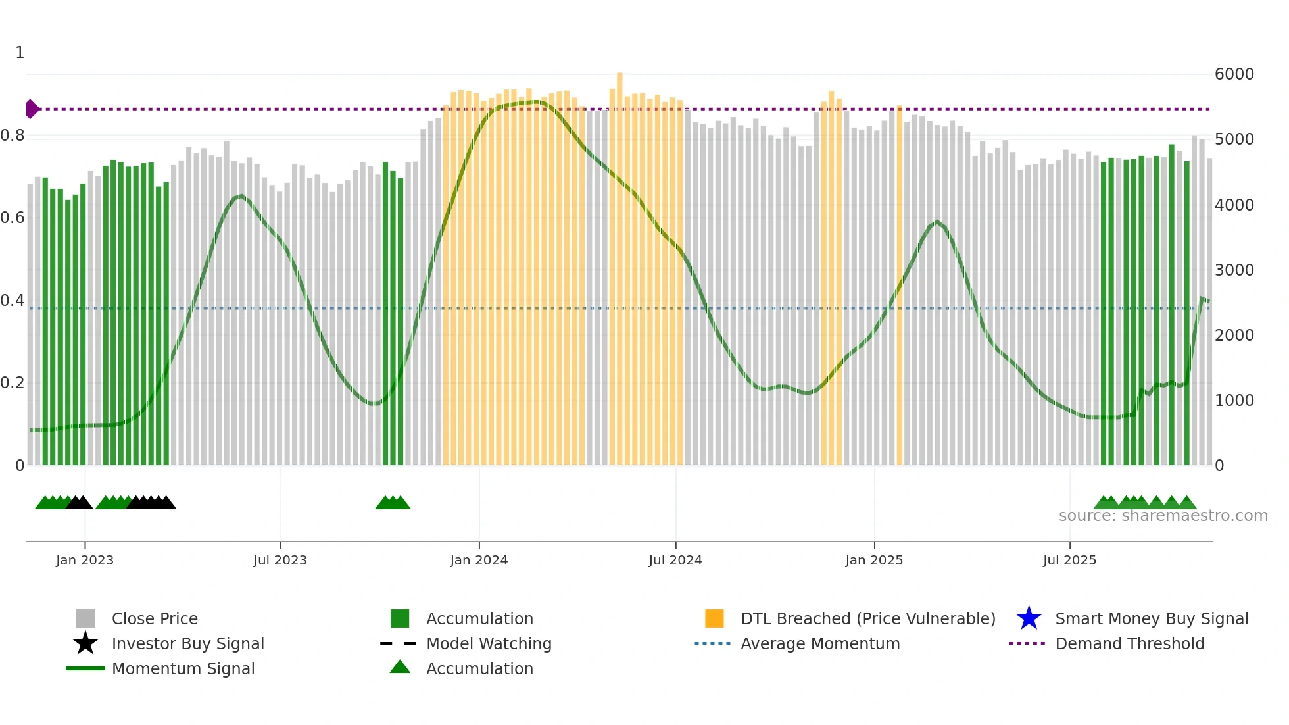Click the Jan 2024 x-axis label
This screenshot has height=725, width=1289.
(479, 560)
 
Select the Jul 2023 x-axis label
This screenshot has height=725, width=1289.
(280, 560)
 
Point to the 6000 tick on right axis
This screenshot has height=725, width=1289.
(1234, 74)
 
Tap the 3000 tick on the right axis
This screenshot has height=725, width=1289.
(1234, 270)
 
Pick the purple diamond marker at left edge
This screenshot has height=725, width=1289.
(32, 109)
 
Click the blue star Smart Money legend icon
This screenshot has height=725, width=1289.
(1029, 618)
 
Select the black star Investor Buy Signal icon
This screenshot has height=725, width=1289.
(85, 643)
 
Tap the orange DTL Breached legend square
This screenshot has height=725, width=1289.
(714, 618)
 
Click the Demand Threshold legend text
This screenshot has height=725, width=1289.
(1129, 643)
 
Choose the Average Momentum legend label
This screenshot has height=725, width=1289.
(819, 643)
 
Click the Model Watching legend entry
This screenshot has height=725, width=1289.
(488, 643)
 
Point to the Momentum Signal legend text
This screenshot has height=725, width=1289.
(183, 668)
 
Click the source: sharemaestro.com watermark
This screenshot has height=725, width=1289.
(1163, 516)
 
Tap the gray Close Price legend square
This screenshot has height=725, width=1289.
(85, 618)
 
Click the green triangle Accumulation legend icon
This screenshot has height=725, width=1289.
(400, 667)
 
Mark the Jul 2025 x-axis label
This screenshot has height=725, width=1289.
(1069, 560)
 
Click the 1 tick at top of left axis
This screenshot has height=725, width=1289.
(20, 53)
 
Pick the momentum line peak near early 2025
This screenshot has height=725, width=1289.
(937, 222)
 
